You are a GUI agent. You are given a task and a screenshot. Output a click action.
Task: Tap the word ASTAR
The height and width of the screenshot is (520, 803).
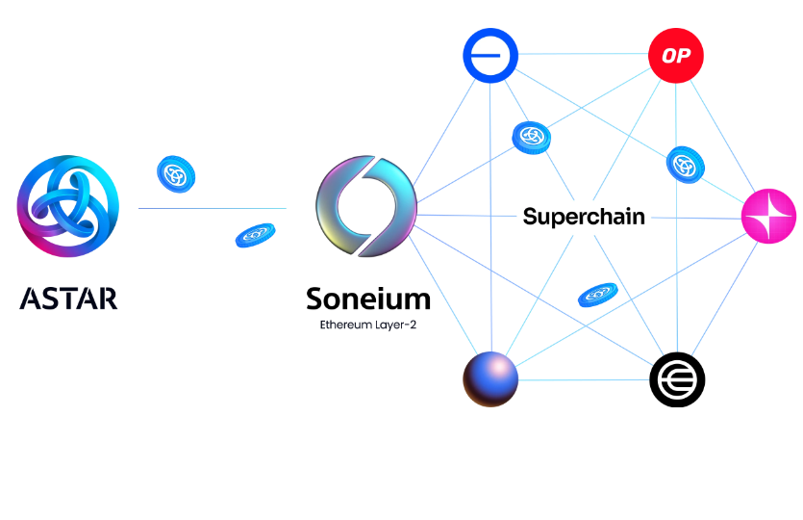(68, 298)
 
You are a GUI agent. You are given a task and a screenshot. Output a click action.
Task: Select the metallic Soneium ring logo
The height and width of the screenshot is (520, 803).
(365, 207)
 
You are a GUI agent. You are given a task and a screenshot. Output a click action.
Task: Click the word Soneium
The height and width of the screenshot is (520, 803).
(367, 299)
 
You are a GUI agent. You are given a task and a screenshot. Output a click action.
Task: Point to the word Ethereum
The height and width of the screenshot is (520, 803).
(344, 325)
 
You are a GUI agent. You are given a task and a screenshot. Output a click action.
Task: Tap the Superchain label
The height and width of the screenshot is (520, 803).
(583, 217)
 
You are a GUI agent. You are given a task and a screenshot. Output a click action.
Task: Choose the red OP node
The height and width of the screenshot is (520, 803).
(675, 56)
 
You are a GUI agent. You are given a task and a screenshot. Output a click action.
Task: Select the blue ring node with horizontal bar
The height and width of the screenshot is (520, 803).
(489, 55)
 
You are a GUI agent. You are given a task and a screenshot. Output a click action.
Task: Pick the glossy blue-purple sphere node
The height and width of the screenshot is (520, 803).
(490, 378)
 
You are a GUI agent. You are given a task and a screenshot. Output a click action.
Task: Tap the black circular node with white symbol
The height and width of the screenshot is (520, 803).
(677, 379)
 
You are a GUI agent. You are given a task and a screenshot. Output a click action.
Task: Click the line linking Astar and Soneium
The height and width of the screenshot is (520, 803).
(212, 208)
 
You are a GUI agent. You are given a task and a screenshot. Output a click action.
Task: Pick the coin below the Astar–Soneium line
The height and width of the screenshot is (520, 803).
(255, 234)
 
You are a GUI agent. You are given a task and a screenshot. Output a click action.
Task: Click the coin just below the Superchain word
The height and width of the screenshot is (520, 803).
(597, 294)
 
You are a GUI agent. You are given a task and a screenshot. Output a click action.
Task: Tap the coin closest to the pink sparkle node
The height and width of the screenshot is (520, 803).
(687, 163)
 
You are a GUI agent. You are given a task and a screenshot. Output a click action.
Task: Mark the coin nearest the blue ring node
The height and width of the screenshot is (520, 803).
(531, 138)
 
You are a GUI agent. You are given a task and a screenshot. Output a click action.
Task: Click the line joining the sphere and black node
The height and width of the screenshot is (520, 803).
(584, 379)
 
